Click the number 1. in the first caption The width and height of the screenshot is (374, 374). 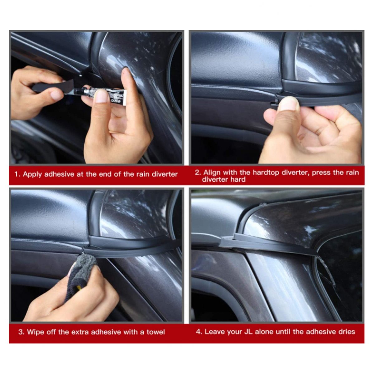(17, 174)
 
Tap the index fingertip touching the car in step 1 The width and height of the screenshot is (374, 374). (125, 73)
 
